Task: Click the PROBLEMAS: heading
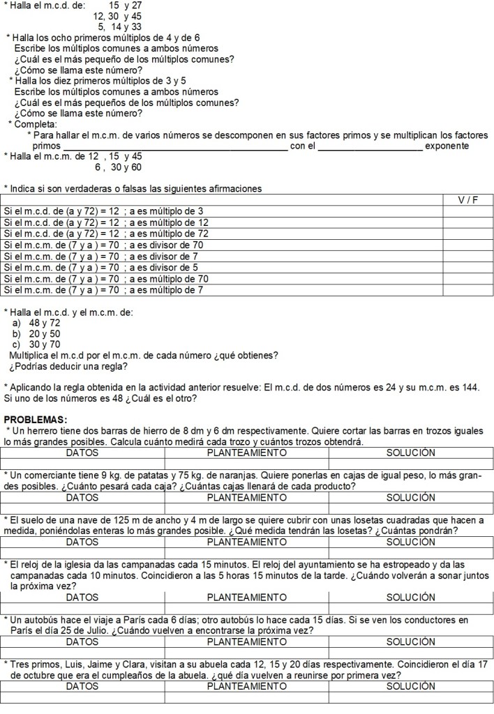pyautogui.click(x=35, y=419)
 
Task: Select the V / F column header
pyautogui.click(x=467, y=200)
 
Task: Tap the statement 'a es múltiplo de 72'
pyautogui.click(x=166, y=234)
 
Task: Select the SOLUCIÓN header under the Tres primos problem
pyautogui.click(x=411, y=686)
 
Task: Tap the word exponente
pyautogui.click(x=447, y=146)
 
